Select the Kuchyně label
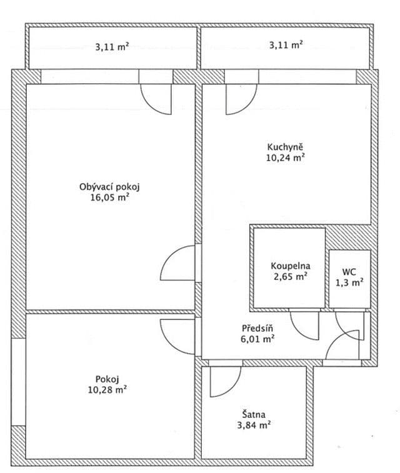click(x=285, y=147)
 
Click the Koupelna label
click(x=290, y=265)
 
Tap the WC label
click(x=349, y=272)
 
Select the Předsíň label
click(x=257, y=329)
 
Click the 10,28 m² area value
click(x=108, y=389)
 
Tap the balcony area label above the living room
click(x=112, y=46)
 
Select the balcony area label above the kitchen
click(x=286, y=46)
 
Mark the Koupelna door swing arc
click(x=305, y=326)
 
